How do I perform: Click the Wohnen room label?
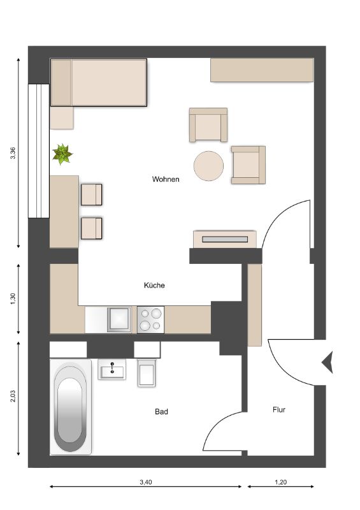pyautogui.click(x=166, y=179)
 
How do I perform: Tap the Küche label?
pyautogui.click(x=154, y=285)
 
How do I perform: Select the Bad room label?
pyautogui.click(x=161, y=412)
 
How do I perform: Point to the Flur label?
pyautogui.click(x=279, y=410)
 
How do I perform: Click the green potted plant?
pyautogui.click(x=62, y=154)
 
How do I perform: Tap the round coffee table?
pyautogui.click(x=208, y=166)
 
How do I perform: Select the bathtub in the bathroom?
pyautogui.click(x=71, y=407)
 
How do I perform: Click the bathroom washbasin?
pyautogui.click(x=112, y=370)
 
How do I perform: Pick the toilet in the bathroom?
pyautogui.click(x=147, y=373)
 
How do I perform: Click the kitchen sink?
pyautogui.click(x=119, y=319)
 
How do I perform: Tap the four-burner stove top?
pyautogui.click(x=150, y=320)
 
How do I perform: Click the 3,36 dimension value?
pyautogui.click(x=13, y=153)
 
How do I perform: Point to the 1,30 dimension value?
pyautogui.click(x=13, y=299)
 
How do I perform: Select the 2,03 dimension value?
pyautogui.click(x=13, y=396)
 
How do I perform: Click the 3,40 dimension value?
pyautogui.click(x=146, y=482)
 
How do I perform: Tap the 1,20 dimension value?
pyautogui.click(x=280, y=482)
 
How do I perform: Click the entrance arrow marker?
pyautogui.click(x=328, y=362)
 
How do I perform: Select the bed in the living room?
pyautogui.click(x=99, y=83)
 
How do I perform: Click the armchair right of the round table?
pyautogui.click(x=248, y=165)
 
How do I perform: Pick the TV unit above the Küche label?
pyautogui.click(x=225, y=240)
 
